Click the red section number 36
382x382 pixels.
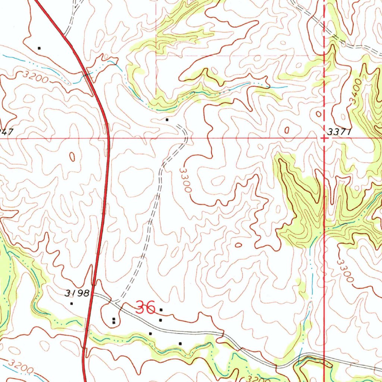coord(145,308)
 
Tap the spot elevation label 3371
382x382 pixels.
coord(340,132)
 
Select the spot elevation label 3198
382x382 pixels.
coord(77,294)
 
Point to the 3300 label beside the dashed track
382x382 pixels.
coord(185,180)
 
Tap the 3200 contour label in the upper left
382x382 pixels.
coord(35,77)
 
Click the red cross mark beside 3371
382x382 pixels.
coord(324,138)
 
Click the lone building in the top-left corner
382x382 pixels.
coord(39,48)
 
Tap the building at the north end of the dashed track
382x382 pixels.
coord(167,120)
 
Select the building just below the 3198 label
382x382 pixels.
coord(72,303)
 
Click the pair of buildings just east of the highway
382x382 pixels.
coord(114,320)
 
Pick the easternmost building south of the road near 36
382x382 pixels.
coord(180,343)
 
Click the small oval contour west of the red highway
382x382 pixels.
coord(72,157)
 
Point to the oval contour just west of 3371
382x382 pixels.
coord(286,130)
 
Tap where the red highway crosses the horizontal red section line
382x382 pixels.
coord(108,138)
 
